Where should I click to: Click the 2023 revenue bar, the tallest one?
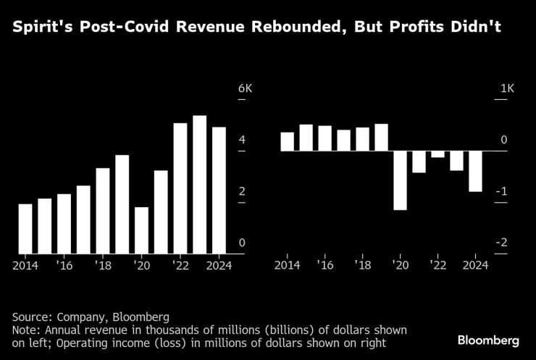(199, 185)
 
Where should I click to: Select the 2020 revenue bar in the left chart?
(141, 230)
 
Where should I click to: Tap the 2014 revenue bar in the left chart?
(25, 229)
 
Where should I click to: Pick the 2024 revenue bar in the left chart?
(218, 191)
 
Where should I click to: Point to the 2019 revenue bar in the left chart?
(122, 204)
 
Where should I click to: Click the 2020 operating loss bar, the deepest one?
(400, 180)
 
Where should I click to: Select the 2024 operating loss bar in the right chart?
(475, 171)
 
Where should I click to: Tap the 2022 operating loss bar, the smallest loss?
(437, 154)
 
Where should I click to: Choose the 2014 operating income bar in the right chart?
(287, 141)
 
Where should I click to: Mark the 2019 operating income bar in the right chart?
(381, 138)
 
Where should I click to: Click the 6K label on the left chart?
(245, 88)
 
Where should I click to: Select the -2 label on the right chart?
(503, 243)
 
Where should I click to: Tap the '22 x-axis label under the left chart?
(180, 266)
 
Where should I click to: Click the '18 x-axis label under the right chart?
(362, 266)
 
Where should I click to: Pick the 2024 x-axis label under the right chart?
(475, 266)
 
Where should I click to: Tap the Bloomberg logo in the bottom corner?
(488, 339)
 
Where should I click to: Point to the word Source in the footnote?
(30, 317)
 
